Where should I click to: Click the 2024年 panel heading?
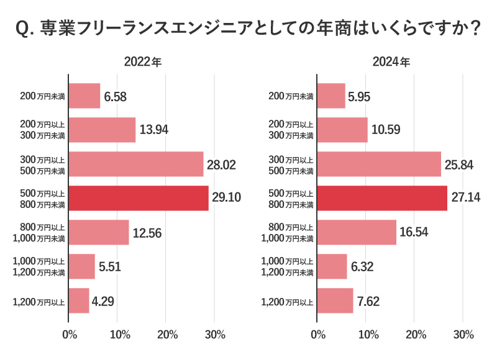(391, 62)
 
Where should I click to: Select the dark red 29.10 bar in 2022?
(139, 198)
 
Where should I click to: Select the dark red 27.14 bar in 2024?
(382, 198)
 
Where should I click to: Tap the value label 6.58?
(116, 96)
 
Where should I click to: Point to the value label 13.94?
(154, 130)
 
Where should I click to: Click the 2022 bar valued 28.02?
(136, 164)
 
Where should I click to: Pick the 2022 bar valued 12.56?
(99, 232)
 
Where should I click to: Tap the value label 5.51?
(111, 266)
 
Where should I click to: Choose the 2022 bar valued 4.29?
(79, 300)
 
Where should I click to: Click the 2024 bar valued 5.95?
(331, 96)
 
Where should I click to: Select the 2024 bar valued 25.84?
(379, 164)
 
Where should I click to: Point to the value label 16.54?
(414, 232)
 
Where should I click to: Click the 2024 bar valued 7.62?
(335, 300)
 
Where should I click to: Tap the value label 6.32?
(364, 266)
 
